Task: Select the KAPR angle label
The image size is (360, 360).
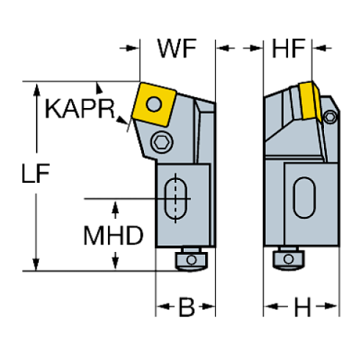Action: point(81,109)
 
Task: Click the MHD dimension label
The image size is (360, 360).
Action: point(112,236)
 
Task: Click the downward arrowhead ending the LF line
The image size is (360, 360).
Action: point(34,265)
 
